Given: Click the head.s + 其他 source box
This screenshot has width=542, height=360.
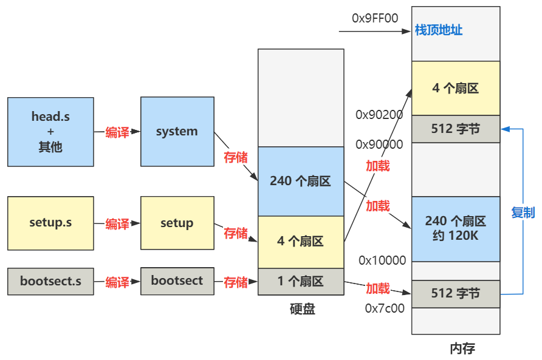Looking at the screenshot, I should pos(50,131).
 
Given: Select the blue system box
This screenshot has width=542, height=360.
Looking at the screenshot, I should pos(177,131).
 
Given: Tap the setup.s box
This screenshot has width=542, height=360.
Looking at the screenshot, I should pos(50,223).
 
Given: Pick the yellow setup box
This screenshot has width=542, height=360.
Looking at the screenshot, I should pos(177,223).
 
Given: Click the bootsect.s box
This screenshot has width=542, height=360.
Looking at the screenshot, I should pos(50,281).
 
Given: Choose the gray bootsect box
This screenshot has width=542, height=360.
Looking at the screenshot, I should pos(177,281).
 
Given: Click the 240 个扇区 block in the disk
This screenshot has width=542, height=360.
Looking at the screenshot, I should pos(300,181).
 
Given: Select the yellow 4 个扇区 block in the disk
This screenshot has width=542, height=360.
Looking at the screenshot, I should pos(300,242).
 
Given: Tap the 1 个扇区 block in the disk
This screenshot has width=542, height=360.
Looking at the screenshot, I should pos(300,282).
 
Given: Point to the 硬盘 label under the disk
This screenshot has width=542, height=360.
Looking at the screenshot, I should pos(302,309).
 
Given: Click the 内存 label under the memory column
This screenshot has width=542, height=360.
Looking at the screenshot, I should pos(462,348).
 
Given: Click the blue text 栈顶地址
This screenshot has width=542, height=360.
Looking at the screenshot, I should pos(439,30).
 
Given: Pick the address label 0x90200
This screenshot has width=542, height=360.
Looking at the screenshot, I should pos(379,115).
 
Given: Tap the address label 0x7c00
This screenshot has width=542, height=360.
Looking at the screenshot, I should pos(384,308).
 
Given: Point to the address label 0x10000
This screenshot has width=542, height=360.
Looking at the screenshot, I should pos(382,261).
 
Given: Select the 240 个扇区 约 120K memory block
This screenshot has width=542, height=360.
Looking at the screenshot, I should pos(456,228).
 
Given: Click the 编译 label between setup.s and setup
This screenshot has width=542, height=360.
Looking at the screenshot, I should pos(117,224).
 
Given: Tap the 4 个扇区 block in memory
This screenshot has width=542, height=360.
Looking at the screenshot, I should pos(456,88).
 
